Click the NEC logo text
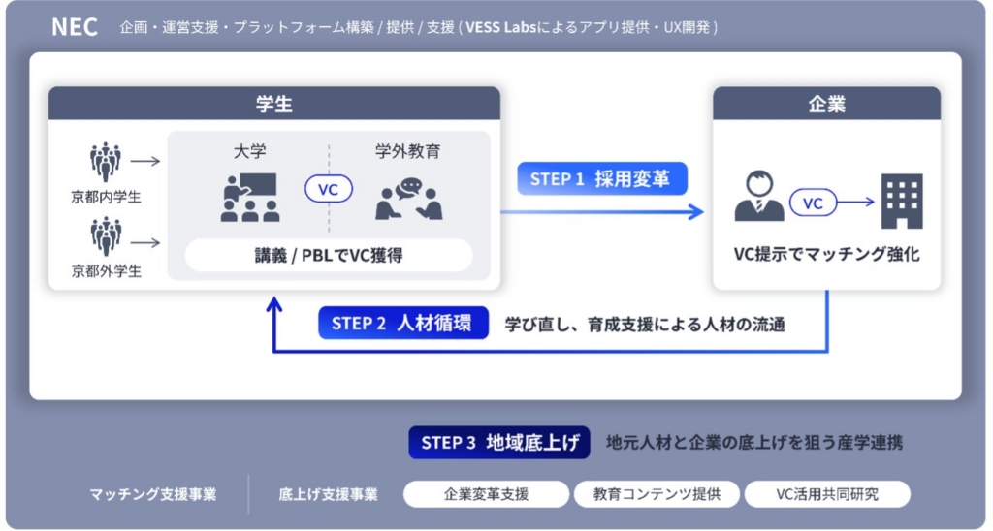(75, 27)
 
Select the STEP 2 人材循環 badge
(402, 324)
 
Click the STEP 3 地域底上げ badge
(499, 443)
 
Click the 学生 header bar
(274, 104)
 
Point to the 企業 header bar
(826, 104)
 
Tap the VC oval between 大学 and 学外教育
(329, 190)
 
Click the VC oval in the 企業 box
(814, 203)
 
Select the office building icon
(901, 201)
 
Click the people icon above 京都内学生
(106, 163)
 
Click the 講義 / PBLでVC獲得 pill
(329, 255)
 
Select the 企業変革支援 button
(486, 494)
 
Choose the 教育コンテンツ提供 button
(657, 494)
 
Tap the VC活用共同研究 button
(827, 494)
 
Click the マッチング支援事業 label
(153, 494)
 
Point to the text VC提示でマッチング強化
(826, 256)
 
